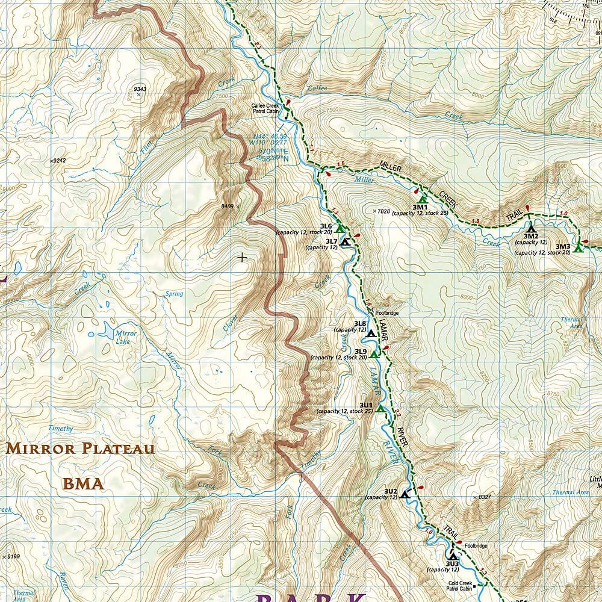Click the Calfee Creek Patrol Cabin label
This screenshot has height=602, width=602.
pos(265,108)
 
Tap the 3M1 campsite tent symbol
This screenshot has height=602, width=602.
pos(422,199)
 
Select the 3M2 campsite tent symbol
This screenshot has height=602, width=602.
pos(530,228)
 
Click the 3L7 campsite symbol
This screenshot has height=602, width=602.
pos(344,242)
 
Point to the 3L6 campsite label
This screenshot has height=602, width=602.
pos(326,226)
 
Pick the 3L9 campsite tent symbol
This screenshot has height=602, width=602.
pos(374,353)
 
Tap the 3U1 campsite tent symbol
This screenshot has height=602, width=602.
pos(380,409)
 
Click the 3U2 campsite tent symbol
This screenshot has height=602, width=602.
pos(405,494)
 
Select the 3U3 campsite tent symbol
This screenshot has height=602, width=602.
pos(452,556)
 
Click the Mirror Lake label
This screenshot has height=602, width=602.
pos(126,337)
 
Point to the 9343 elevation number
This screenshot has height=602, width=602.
pos(140,89)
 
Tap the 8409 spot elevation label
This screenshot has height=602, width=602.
pos(227,206)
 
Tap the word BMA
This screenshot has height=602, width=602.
pos(83,483)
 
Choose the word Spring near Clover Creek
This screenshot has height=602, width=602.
pos(174,294)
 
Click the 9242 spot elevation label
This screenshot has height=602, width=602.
pos(58,161)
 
